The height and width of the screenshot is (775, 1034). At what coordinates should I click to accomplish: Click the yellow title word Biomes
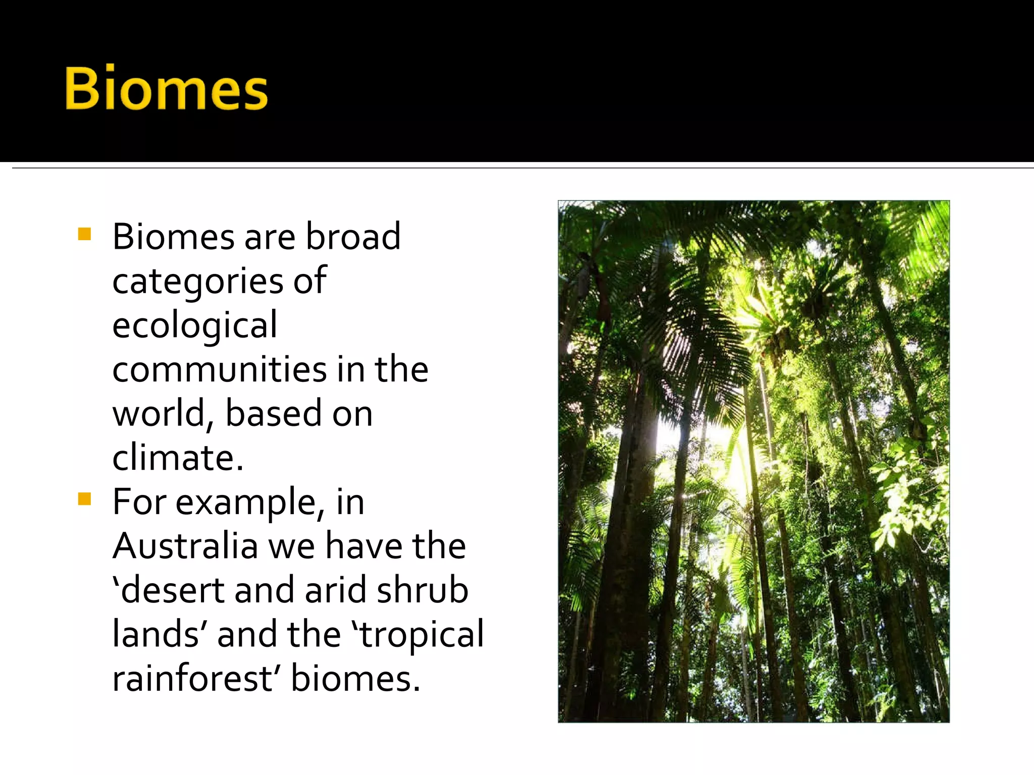pos(166,89)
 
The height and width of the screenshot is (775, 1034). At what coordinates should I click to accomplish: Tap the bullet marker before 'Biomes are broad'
pos(84,235)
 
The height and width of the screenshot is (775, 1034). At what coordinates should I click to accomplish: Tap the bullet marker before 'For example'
pos(84,500)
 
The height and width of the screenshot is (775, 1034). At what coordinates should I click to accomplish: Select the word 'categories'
pos(197,281)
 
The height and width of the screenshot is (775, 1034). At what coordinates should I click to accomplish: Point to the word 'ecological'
pos(194,325)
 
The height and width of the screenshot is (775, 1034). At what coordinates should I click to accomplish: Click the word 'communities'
pos(220,369)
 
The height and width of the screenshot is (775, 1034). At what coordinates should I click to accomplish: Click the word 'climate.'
pos(178,458)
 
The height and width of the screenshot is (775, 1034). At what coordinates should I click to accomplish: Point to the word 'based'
pos(273,414)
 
